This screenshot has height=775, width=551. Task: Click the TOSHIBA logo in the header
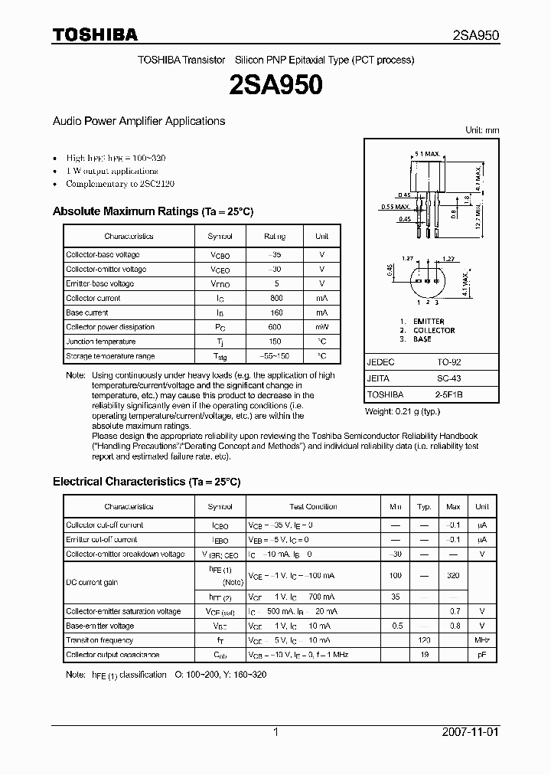tap(95, 34)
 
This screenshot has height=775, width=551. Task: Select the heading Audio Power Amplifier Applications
tap(139, 121)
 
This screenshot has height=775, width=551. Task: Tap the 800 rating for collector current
tap(275, 298)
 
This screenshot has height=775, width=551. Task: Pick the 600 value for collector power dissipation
tap(275, 327)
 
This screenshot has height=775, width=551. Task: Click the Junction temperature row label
tap(100, 342)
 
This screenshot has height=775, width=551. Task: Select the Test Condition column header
tap(313, 507)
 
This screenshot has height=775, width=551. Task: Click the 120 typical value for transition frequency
tap(424, 640)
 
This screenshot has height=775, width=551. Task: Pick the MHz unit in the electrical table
tap(481, 640)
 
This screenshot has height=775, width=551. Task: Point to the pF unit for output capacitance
tap(481, 655)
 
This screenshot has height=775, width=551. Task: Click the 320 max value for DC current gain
tap(453, 574)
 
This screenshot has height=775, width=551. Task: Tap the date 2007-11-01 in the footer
tap(470, 732)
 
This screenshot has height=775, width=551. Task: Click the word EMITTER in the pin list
tap(429, 322)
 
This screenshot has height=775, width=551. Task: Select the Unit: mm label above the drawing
tap(482, 130)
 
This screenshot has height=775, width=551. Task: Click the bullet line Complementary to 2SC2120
tap(120, 185)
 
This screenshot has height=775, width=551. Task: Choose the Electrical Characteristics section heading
tap(146, 482)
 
